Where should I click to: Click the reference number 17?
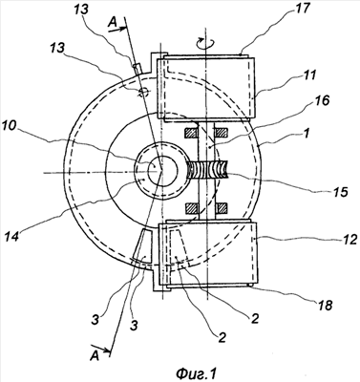coord(302,9)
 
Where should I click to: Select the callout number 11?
coord(308,75)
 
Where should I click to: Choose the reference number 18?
coord(324,305)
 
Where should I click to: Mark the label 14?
coord(12,237)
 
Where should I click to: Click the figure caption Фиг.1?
coord(197,372)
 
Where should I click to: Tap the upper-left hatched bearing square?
coord(191,133)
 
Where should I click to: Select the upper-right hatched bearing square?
coord(221,133)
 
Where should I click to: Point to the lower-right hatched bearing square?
coord(222,207)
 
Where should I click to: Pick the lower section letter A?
coord(94,356)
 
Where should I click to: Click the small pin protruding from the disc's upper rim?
coord(137,69)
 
